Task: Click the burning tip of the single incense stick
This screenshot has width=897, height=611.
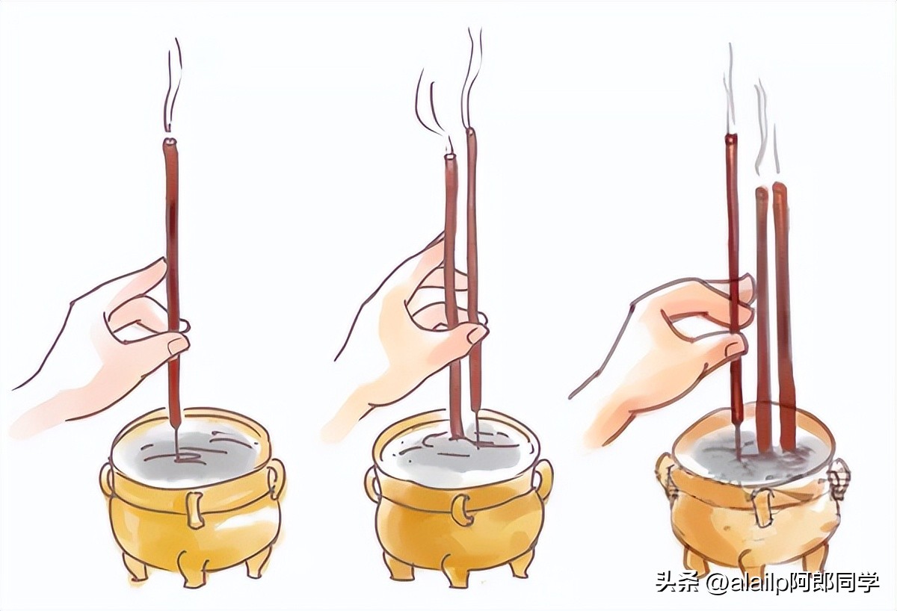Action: click(170, 142)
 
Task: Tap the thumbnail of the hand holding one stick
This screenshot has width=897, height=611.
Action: click(176, 346)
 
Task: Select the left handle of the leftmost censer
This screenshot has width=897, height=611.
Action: click(107, 480)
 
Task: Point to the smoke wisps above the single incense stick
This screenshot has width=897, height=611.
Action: click(173, 85)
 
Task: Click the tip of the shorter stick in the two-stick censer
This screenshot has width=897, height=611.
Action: click(451, 158)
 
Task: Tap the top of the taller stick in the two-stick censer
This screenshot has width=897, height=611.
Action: click(472, 132)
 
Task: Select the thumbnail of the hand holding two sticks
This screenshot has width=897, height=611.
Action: click(476, 334)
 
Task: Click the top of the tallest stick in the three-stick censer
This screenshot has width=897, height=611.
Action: click(731, 138)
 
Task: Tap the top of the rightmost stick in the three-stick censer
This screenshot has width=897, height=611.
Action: click(778, 187)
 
